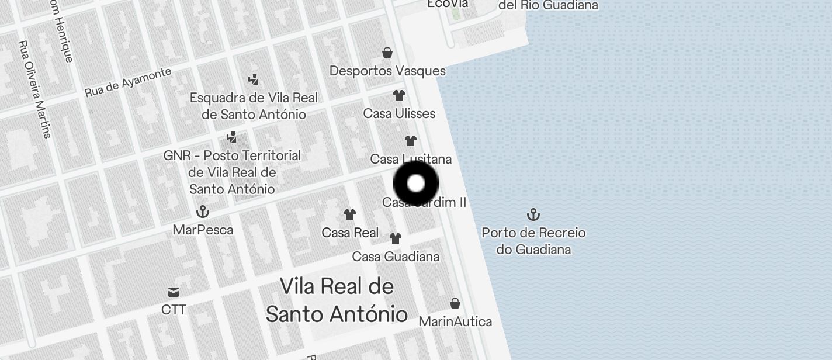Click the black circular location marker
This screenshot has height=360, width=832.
pos(415,184)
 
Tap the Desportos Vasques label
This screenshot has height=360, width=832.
pos(387,71)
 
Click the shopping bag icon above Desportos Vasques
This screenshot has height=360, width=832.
pos(387,53)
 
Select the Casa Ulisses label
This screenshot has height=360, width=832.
pos(399,113)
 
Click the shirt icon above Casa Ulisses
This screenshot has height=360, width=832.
pos(398,95)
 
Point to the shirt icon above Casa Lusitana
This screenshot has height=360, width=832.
pos(411,140)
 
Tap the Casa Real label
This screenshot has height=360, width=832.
pos(350,233)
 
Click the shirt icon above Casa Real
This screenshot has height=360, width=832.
pos(349,214)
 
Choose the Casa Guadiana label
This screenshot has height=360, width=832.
pos(396,257)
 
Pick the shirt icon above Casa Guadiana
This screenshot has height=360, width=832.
pos(396,238)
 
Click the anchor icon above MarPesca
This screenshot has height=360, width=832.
pos(203,211)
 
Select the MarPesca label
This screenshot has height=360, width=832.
pos(203,230)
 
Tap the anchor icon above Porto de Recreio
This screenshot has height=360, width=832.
pos(533,214)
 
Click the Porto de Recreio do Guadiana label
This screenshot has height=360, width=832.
pos(533,241)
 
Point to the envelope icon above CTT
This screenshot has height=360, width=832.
pos(174,292)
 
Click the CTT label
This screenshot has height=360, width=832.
pos(174,310)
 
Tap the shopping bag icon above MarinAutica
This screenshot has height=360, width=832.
pos(455,303)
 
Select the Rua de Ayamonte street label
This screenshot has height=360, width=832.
pos(128,82)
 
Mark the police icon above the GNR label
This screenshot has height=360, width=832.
pos(232,137)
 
